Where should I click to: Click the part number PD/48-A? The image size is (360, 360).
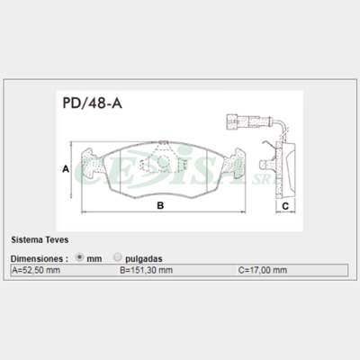click(x=92, y=103)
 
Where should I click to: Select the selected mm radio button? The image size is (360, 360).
click(x=79, y=257)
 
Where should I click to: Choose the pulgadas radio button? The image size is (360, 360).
click(x=118, y=257)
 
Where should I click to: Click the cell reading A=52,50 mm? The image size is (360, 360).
click(x=65, y=270)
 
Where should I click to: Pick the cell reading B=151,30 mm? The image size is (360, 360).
click(x=178, y=270)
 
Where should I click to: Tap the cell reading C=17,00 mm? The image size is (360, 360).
click(x=292, y=270)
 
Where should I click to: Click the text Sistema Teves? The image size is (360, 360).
click(x=40, y=240)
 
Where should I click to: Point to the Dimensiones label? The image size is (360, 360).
click(x=37, y=258)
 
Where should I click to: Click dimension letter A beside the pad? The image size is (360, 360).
click(x=66, y=169)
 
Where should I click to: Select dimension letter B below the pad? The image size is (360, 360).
click(x=160, y=206)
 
